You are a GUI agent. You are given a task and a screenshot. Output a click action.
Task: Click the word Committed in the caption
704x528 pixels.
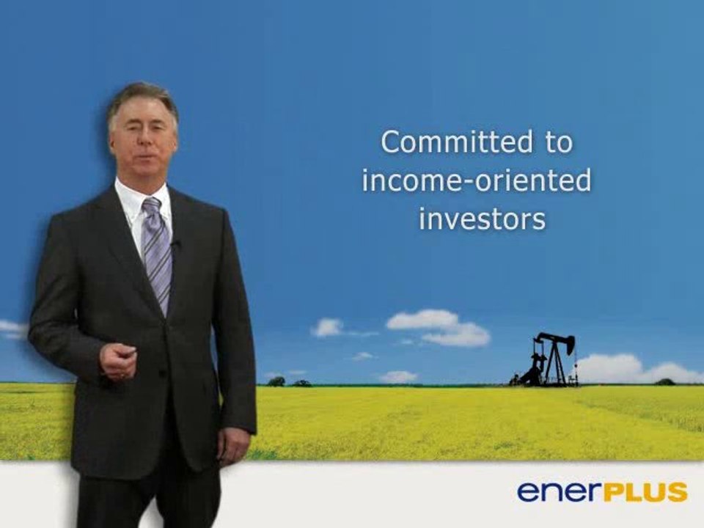(x=457, y=142)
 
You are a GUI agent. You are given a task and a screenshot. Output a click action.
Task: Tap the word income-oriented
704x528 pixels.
(x=477, y=180)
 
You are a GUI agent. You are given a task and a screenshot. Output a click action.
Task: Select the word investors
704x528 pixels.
(x=482, y=219)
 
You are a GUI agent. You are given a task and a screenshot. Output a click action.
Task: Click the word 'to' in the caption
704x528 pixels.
(x=560, y=142)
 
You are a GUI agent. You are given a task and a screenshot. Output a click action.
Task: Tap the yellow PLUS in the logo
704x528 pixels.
(x=645, y=491)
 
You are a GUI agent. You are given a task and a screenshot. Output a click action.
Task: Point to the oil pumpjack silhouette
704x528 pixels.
(x=545, y=359)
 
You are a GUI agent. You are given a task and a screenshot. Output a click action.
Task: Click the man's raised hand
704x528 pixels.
(x=118, y=361)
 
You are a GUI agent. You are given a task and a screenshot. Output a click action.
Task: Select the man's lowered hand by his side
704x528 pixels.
(x=232, y=446)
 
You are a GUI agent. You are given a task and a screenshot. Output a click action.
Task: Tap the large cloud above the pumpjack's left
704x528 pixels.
(x=439, y=327)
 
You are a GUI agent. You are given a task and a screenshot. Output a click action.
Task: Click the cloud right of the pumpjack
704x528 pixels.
(x=637, y=368)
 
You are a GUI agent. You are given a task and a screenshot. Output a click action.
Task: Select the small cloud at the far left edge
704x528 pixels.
(x=12, y=330)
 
